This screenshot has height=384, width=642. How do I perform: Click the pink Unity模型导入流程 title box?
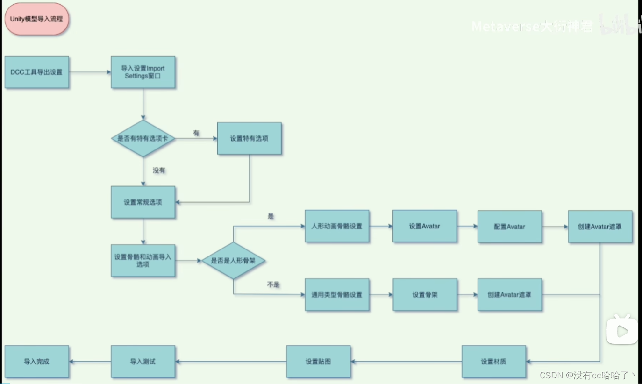(x=36, y=19)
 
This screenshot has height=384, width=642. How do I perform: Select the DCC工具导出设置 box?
(x=36, y=72)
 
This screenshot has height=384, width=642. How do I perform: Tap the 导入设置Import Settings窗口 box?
(x=143, y=72)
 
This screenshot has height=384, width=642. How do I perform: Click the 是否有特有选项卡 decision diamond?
(x=143, y=138)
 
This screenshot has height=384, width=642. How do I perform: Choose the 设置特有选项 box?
(x=249, y=138)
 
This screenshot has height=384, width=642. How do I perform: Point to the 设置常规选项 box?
(x=143, y=202)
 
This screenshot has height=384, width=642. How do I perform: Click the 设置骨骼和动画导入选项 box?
(x=143, y=260)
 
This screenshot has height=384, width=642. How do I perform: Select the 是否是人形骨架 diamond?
(x=233, y=261)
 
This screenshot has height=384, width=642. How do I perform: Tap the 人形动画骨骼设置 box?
(x=336, y=226)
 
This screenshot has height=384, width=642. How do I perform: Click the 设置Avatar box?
(x=424, y=226)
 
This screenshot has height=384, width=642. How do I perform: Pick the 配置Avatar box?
(x=509, y=227)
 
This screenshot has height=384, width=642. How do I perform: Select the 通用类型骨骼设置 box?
(x=336, y=295)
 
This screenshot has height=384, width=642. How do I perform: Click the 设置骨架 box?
(x=424, y=295)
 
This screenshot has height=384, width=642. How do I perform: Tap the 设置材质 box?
(x=493, y=362)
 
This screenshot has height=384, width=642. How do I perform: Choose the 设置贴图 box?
(x=318, y=362)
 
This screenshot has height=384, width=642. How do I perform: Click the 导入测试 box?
(x=143, y=362)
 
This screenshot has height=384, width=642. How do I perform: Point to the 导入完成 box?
(x=36, y=362)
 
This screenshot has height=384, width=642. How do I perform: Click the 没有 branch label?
(x=159, y=171)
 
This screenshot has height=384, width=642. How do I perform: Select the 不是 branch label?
(x=273, y=284)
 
